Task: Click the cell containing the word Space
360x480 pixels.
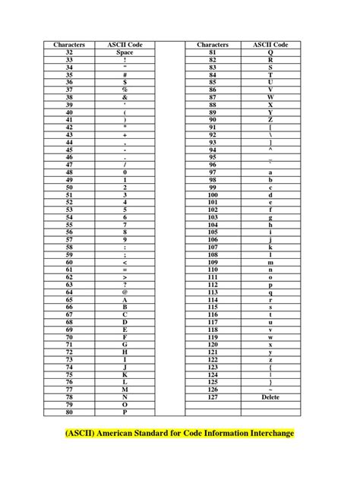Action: (x=125, y=52)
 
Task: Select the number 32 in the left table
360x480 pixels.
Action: (x=69, y=52)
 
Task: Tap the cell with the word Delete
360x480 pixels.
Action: (x=270, y=396)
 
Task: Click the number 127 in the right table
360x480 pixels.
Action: (x=213, y=396)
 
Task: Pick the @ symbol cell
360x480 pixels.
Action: (x=125, y=292)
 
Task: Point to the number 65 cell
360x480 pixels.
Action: (x=69, y=299)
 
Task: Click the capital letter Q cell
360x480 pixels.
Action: (x=270, y=52)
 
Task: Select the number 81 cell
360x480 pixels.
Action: (x=213, y=52)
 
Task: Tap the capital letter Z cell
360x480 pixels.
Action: (x=270, y=120)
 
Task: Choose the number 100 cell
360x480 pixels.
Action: (x=213, y=194)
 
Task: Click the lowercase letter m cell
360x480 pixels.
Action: (x=270, y=262)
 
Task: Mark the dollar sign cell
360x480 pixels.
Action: (x=125, y=82)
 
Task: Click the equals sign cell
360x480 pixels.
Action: (x=125, y=270)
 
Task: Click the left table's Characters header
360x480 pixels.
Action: (x=69, y=45)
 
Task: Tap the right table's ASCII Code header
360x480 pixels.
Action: (x=270, y=45)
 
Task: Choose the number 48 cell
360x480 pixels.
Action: (x=69, y=172)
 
